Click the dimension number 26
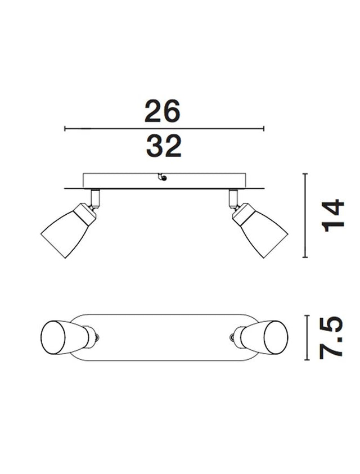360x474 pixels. point(162,111)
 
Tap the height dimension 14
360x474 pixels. point(334,215)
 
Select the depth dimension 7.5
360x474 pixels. point(332,337)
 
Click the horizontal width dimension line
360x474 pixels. point(164,129)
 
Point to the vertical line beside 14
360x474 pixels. point(305,215)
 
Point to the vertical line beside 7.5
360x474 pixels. point(306,337)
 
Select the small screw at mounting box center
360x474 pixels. point(163,178)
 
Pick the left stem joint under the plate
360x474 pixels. point(95,198)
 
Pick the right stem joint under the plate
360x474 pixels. point(233,198)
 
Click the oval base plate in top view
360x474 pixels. point(164,337)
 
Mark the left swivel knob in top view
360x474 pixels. point(98,337)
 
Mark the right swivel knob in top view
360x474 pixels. point(231,337)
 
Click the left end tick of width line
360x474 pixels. point(65,129)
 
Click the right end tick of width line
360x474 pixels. point(263,129)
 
